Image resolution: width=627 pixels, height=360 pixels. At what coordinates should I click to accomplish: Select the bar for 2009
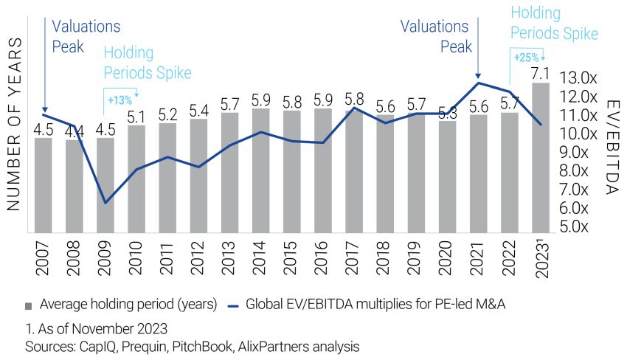click(x=105, y=184)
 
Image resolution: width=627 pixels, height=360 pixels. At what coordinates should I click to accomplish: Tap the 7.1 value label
click(x=540, y=72)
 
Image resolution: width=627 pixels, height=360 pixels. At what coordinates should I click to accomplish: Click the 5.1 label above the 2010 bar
click(x=136, y=116)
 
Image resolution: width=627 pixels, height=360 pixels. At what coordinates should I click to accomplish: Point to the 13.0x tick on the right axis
click(x=578, y=77)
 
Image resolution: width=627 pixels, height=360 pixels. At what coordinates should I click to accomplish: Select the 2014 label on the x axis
click(x=261, y=256)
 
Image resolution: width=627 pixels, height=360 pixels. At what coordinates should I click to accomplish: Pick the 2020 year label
click(x=448, y=256)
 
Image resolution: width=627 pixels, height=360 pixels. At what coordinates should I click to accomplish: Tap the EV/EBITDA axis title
click(x=610, y=148)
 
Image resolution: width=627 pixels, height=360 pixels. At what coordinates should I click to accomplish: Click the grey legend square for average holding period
click(x=29, y=304)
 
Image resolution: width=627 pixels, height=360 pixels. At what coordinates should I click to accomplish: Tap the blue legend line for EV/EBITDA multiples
click(x=234, y=304)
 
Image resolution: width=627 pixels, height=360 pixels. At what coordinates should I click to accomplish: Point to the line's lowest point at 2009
click(x=105, y=202)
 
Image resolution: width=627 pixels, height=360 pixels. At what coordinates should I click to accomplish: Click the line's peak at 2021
click(x=478, y=83)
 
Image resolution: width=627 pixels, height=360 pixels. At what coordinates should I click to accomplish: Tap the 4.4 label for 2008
click(x=75, y=132)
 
